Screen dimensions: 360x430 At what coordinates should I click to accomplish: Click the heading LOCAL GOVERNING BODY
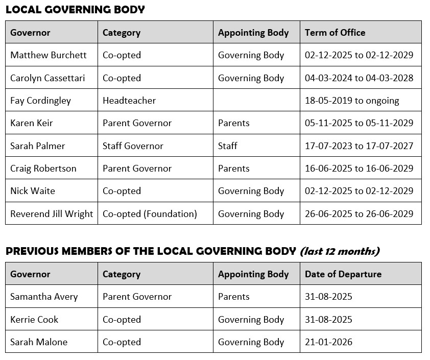[x=75, y=9]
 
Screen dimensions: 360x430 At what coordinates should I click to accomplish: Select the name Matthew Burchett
[x=49, y=55]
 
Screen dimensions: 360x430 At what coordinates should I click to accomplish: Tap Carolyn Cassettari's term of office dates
[x=359, y=78]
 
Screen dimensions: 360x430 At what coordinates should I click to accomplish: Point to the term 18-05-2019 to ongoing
[x=352, y=101]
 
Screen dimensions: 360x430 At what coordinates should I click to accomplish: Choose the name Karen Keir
[x=32, y=123]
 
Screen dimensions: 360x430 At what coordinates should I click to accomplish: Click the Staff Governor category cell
[x=133, y=146]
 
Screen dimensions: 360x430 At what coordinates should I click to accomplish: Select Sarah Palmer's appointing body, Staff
[x=228, y=146]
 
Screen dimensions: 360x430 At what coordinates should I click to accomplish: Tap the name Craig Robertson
[x=43, y=169]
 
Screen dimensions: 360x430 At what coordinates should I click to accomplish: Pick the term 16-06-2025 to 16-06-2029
[x=359, y=169]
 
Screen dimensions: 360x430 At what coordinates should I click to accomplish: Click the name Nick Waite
[x=33, y=191]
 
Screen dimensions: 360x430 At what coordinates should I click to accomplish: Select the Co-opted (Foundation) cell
[x=150, y=214]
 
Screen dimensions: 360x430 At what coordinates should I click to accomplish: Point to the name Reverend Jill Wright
[x=52, y=214]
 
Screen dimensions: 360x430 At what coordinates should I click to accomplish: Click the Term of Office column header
[x=335, y=33]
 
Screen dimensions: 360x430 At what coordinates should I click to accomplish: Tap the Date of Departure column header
[x=343, y=274]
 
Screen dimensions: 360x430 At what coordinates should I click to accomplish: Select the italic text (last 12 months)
[x=340, y=251]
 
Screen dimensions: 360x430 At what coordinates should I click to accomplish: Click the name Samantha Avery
[x=44, y=297]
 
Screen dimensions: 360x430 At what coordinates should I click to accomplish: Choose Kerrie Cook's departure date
[x=328, y=320]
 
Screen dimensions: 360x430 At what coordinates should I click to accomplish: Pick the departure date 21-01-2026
[x=328, y=342]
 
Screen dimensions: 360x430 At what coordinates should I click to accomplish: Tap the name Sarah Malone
[x=39, y=342]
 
